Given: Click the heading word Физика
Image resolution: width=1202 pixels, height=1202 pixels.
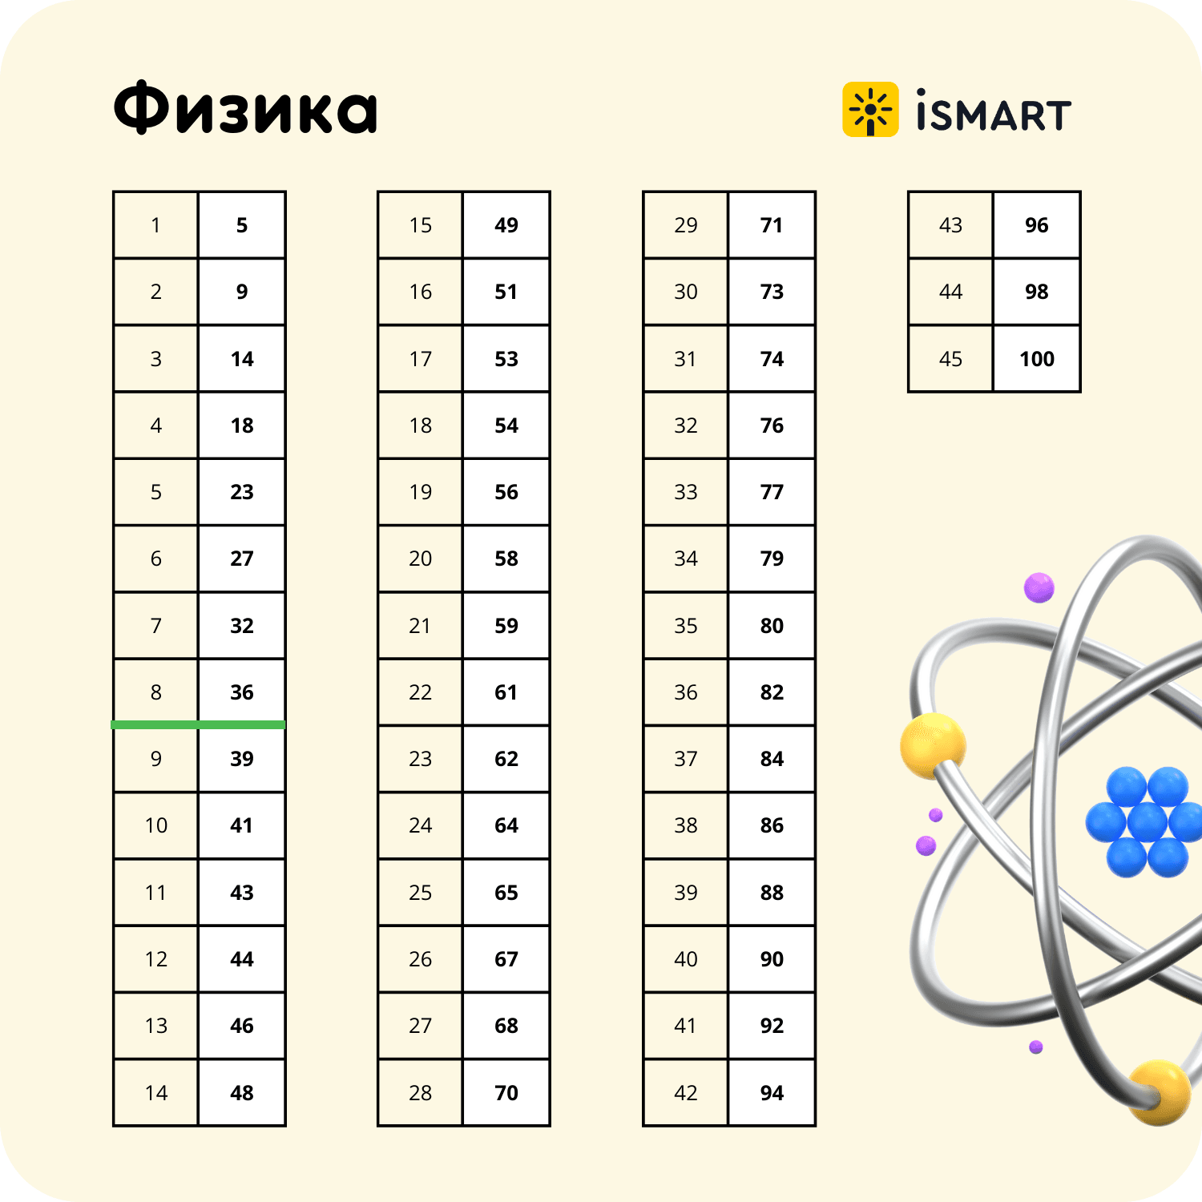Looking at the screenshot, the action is tap(245, 108).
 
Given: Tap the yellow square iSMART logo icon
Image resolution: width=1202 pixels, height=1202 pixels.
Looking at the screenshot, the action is tap(870, 110).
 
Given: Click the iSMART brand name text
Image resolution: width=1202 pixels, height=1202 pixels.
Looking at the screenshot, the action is tap(994, 111).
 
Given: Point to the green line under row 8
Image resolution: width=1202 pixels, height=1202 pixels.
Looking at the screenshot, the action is tap(198, 724).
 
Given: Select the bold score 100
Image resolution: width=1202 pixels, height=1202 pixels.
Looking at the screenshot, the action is tap(1037, 359).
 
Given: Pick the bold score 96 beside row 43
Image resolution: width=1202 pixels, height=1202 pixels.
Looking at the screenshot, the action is tap(1037, 225).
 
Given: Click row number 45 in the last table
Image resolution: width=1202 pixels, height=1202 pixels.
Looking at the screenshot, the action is tap(950, 359).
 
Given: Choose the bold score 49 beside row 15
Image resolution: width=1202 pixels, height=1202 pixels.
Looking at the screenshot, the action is tap(506, 225).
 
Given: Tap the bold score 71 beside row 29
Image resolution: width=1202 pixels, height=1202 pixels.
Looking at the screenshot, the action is tap(772, 225).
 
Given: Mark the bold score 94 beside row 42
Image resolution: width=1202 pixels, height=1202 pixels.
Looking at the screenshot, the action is tap(772, 1093).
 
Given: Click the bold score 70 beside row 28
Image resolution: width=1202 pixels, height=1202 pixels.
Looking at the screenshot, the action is tap(506, 1093).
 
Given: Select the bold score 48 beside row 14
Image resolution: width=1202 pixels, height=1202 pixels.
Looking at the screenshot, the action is tap(242, 1093).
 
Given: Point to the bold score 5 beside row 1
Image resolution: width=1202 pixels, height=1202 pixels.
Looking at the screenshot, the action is tap(242, 225).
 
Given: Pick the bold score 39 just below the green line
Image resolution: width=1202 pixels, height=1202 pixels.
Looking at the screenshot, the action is tap(242, 759).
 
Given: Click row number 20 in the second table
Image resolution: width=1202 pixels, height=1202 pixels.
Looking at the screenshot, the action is tap(420, 559).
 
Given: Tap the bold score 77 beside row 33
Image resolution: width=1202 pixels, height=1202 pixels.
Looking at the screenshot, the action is tap(772, 492).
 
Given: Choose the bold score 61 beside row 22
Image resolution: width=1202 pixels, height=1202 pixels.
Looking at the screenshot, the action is tap(506, 692).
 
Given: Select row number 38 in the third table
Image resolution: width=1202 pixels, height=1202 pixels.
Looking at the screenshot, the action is tap(685, 825).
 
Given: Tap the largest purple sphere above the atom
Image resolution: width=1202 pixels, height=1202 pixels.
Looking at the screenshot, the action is tap(1039, 588).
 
